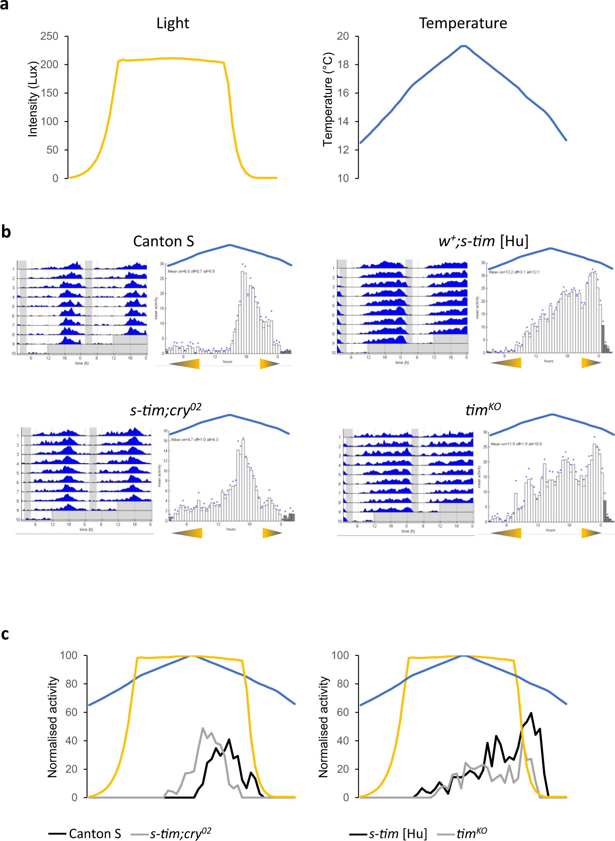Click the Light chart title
pyautogui.click(x=172, y=23)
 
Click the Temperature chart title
pyautogui.click(x=463, y=23)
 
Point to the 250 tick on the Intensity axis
pyautogui.click(x=49, y=37)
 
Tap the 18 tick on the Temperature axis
pyautogui.click(x=343, y=65)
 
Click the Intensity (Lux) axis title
pyautogui.click(x=32, y=99)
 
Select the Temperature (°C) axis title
pyautogui.click(x=328, y=99)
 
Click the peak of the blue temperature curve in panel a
pyautogui.click(x=463, y=46)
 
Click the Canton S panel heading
pyautogui.click(x=163, y=241)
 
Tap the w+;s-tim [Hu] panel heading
pyautogui.click(x=483, y=241)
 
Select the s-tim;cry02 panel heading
pyautogui.click(x=165, y=410)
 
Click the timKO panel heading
pyautogui.click(x=483, y=409)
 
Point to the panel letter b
pyautogui.click(x=5, y=232)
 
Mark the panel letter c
pyautogui.click(x=5, y=634)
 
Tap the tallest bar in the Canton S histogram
pyautogui.click(x=242, y=312)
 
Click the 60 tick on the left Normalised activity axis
pyautogui.click(x=71, y=712)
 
